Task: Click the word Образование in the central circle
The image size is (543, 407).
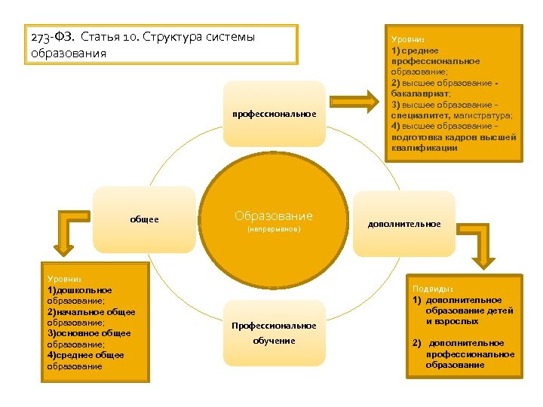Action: coord(273,216)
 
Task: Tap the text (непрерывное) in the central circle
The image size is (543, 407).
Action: coord(273,228)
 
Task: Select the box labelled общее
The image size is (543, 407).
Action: coord(144,220)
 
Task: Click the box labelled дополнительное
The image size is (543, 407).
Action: coord(404,224)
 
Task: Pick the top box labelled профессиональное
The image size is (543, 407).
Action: coord(274,114)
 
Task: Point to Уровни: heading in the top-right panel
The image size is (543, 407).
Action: coord(407,39)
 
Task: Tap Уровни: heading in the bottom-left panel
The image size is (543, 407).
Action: coord(64,279)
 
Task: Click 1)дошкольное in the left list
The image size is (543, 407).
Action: coord(80,290)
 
